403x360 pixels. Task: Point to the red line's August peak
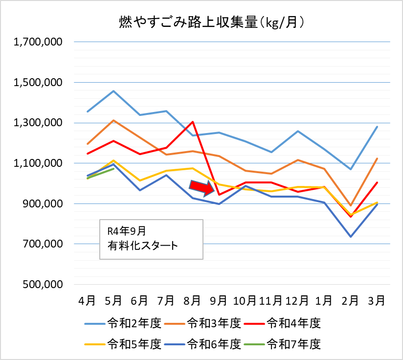[193, 122]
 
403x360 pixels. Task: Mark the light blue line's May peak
[113, 91]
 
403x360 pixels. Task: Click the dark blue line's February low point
[350, 237]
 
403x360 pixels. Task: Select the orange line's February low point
[350, 205]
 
